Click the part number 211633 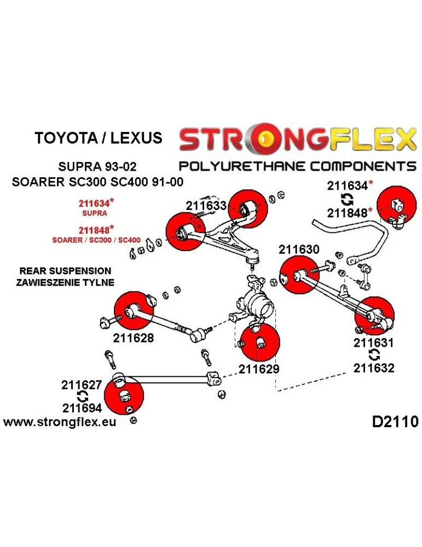click(x=206, y=206)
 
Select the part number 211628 click(x=134, y=338)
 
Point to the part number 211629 click(x=259, y=369)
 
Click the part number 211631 click(x=373, y=344)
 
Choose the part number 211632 click(x=373, y=368)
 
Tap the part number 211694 click(x=82, y=408)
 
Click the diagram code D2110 click(x=395, y=422)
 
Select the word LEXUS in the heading click(x=136, y=137)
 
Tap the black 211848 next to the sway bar click(x=347, y=212)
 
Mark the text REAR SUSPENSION click(x=65, y=271)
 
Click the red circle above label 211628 click(x=134, y=311)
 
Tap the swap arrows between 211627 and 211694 click(x=82, y=397)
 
